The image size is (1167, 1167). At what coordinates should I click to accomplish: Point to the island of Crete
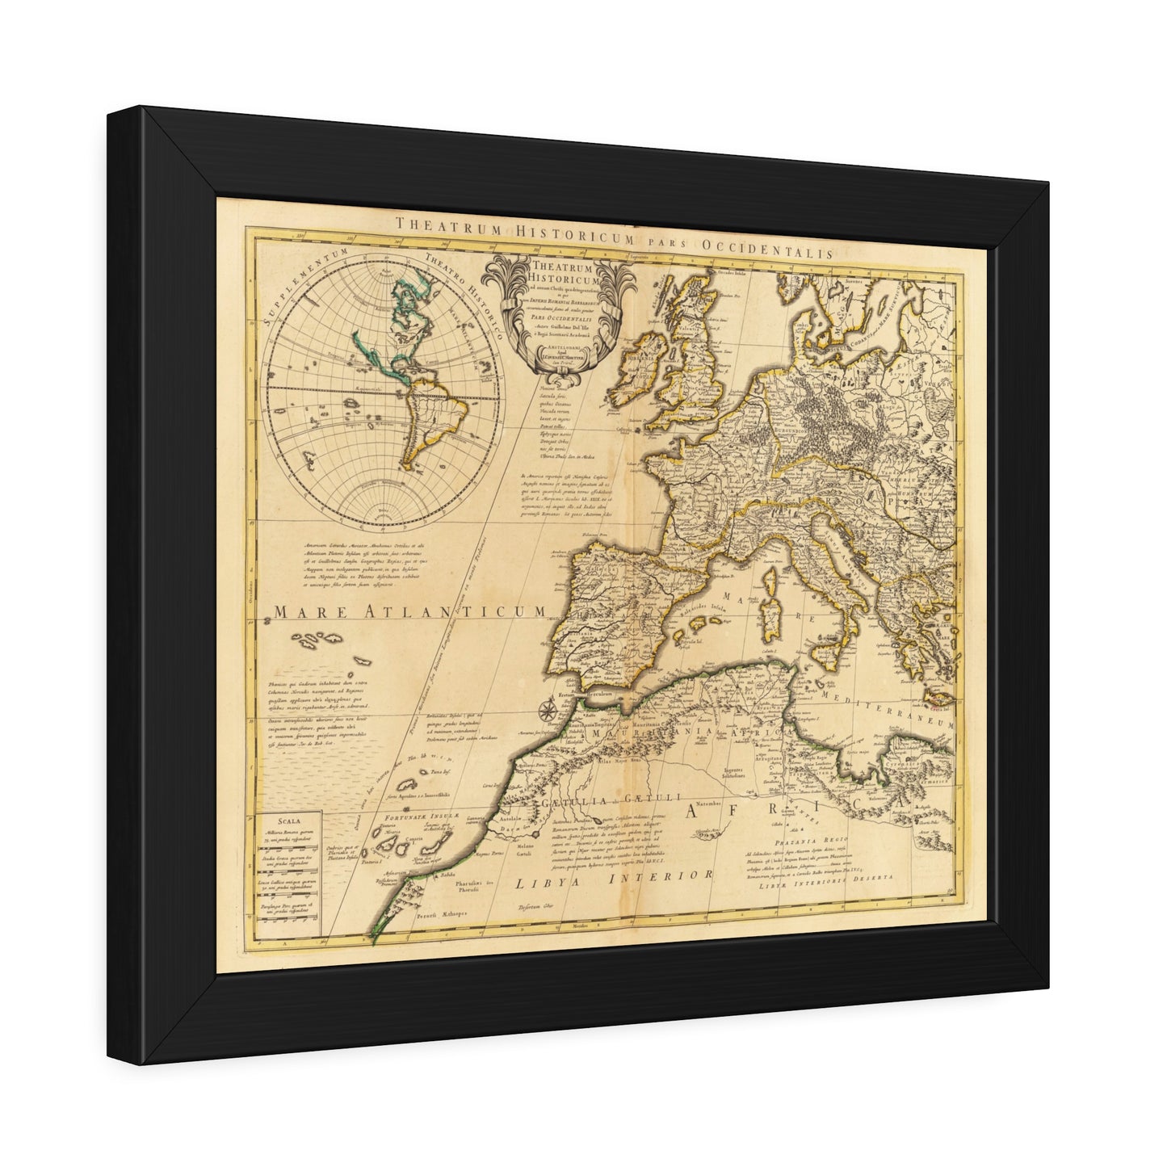coord(940,697)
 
